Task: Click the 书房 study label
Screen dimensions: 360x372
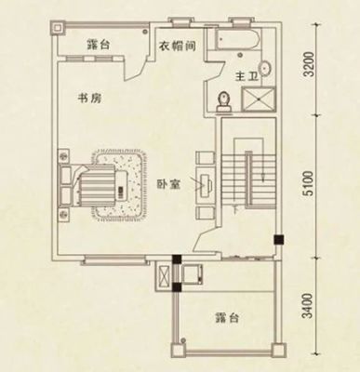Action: click(89, 99)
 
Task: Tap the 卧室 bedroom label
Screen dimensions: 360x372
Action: click(168, 185)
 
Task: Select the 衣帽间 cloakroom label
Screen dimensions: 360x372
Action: click(177, 46)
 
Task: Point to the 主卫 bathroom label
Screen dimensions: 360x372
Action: click(247, 76)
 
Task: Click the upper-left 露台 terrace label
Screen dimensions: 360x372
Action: click(98, 46)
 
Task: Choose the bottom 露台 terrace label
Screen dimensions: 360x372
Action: click(226, 318)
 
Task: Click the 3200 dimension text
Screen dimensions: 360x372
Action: click(309, 64)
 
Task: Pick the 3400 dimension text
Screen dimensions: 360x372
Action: click(308, 306)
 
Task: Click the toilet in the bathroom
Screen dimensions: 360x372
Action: click(224, 101)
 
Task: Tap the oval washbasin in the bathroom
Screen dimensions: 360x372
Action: click(265, 68)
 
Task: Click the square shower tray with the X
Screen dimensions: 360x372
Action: click(259, 100)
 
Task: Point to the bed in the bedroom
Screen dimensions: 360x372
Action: click(94, 185)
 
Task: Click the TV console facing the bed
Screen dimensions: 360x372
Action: click(205, 185)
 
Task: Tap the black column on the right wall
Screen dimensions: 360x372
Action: click(278, 239)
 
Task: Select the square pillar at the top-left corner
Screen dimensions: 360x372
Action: click(58, 29)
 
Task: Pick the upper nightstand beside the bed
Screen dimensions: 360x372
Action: click(63, 156)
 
